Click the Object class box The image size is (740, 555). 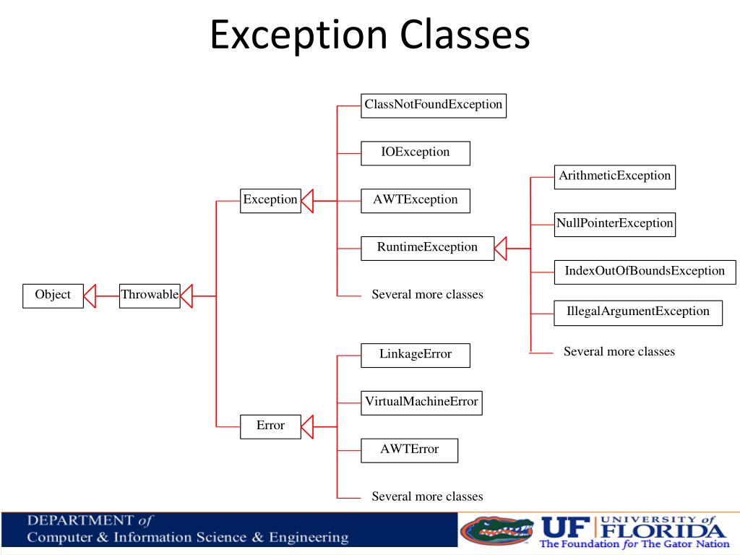pyautogui.click(x=53, y=295)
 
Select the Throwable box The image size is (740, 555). pyautogui.click(x=150, y=295)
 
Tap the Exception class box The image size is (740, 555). pyautogui.click(x=270, y=199)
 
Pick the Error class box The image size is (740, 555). pyautogui.click(x=270, y=426)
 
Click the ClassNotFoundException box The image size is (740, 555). pyautogui.click(x=433, y=105)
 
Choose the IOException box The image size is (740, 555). pyautogui.click(x=416, y=152)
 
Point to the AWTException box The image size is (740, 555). pyautogui.click(x=416, y=200)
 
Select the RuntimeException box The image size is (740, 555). pyautogui.click(x=427, y=247)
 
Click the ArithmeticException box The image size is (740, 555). pyautogui.click(x=614, y=176)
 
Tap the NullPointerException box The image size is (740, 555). pyautogui.click(x=614, y=223)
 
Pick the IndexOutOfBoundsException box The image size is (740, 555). pyautogui.click(x=645, y=272)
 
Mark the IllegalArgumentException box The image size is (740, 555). pyautogui.click(x=638, y=312)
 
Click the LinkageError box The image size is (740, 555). pyautogui.click(x=416, y=355)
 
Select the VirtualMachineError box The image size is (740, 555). pyautogui.click(x=421, y=402)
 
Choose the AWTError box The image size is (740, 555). pyautogui.click(x=409, y=449)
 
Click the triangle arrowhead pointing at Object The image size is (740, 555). pyautogui.click(x=90, y=296)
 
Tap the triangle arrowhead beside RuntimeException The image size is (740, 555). pyautogui.click(x=501, y=248)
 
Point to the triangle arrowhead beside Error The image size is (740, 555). pyautogui.click(x=307, y=426)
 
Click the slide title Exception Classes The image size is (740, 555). pyautogui.click(x=370, y=35)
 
